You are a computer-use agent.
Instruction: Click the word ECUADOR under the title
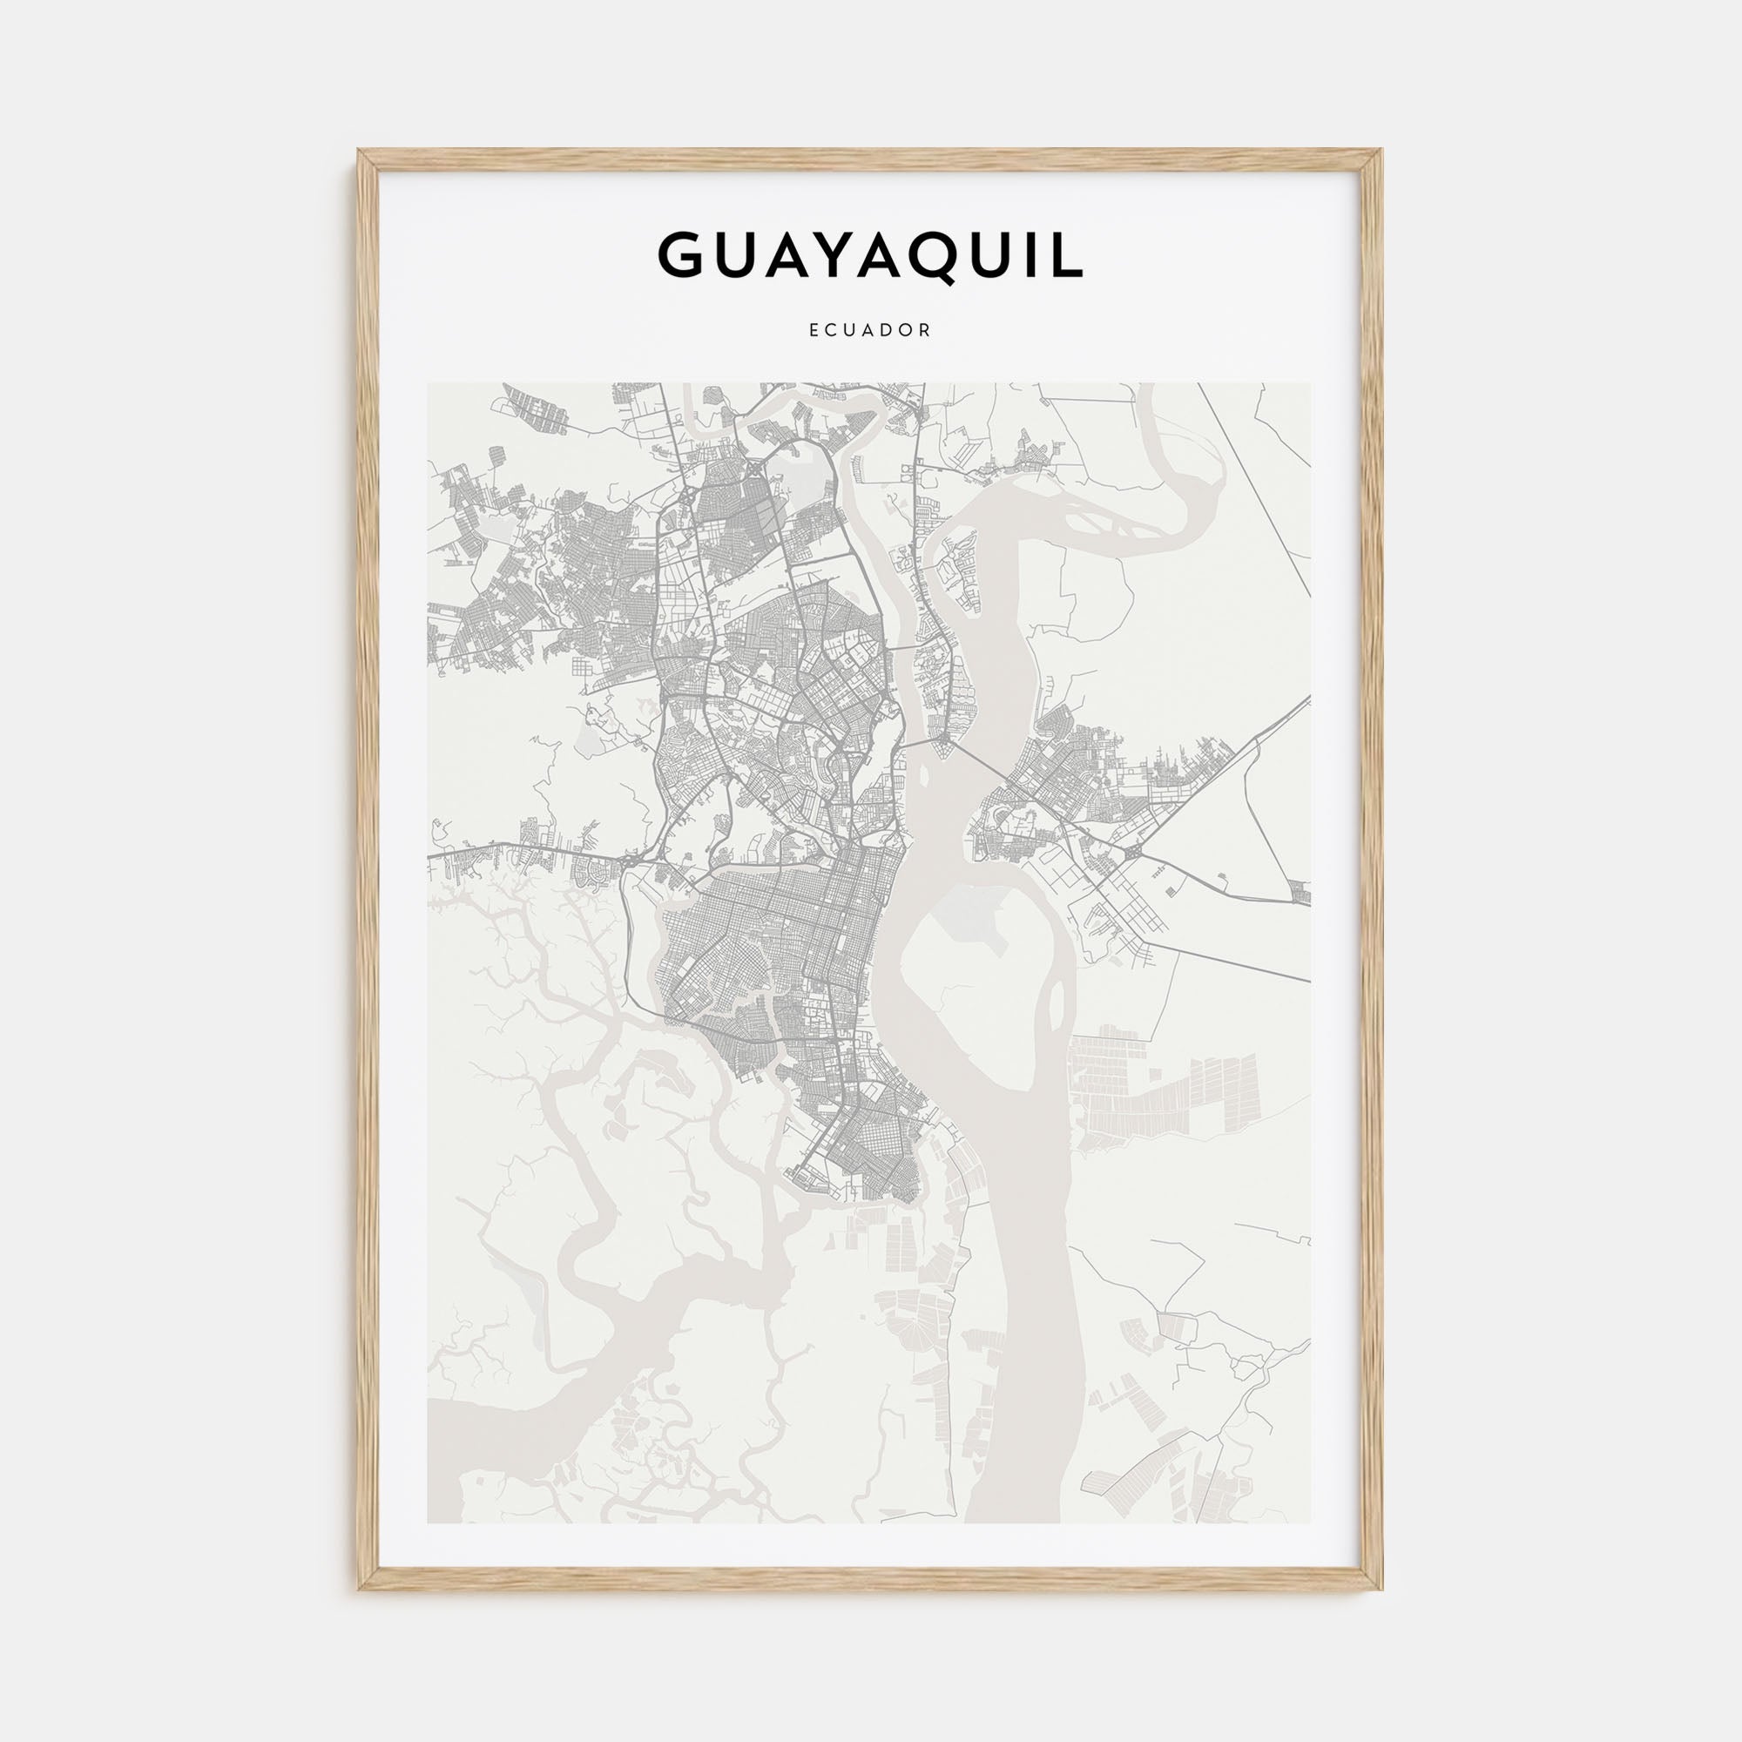tap(870, 331)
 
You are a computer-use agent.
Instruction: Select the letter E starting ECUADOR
tap(814, 331)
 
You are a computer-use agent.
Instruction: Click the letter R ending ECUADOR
tap(926, 331)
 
